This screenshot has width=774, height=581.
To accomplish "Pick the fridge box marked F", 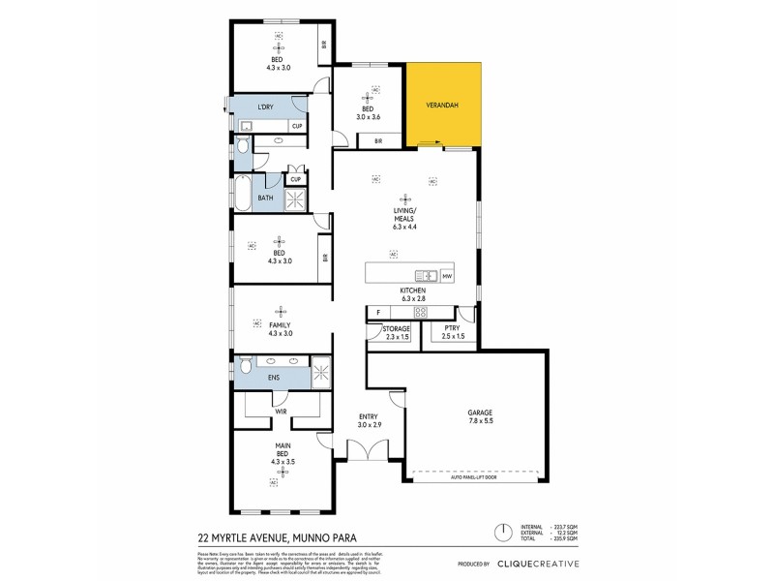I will [378, 312].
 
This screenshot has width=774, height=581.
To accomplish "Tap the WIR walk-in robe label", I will [282, 412].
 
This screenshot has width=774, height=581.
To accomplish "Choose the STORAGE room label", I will [385, 329].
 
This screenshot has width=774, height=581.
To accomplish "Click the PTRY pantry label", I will [452, 329].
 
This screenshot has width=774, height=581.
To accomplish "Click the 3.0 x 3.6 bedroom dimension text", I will [368, 115].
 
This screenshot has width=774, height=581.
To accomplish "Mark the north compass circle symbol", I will [502, 533].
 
